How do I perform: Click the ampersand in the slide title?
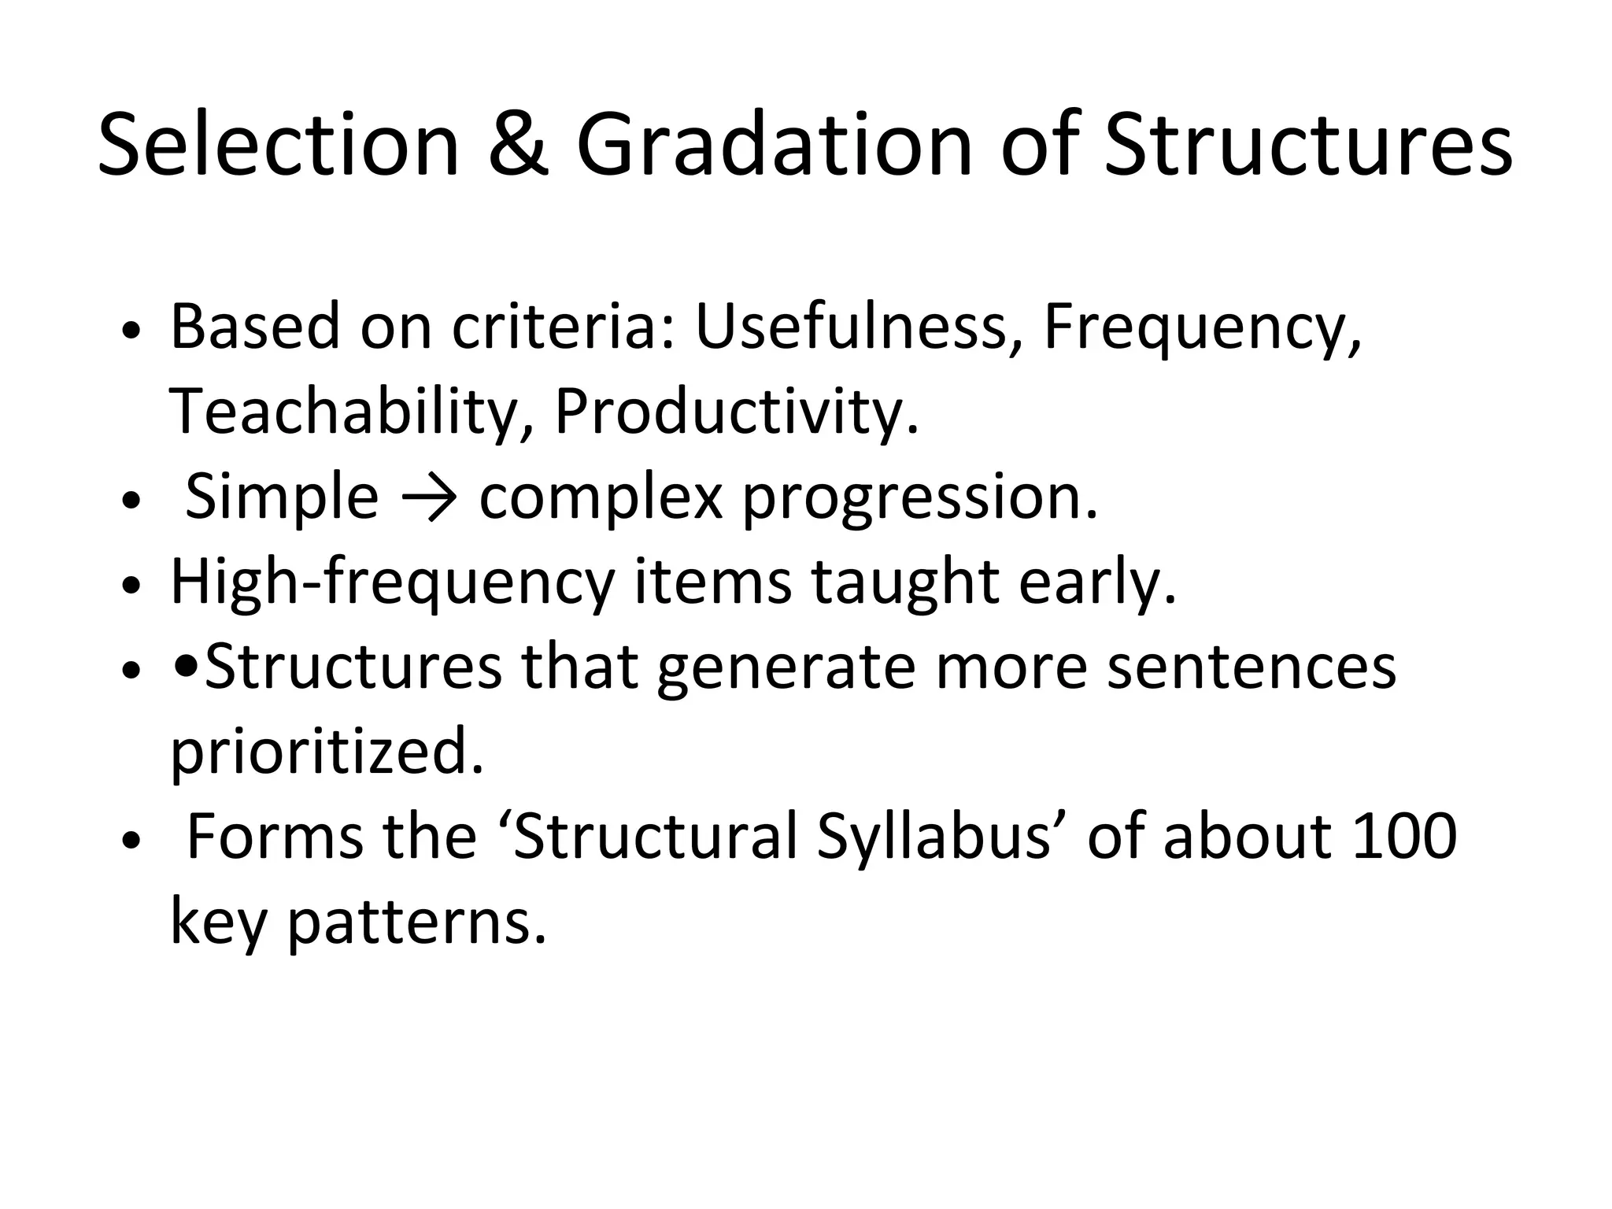(x=517, y=145)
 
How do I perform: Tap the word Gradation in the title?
(x=775, y=145)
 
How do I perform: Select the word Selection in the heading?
(x=278, y=145)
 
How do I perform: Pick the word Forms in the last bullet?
(x=275, y=836)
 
